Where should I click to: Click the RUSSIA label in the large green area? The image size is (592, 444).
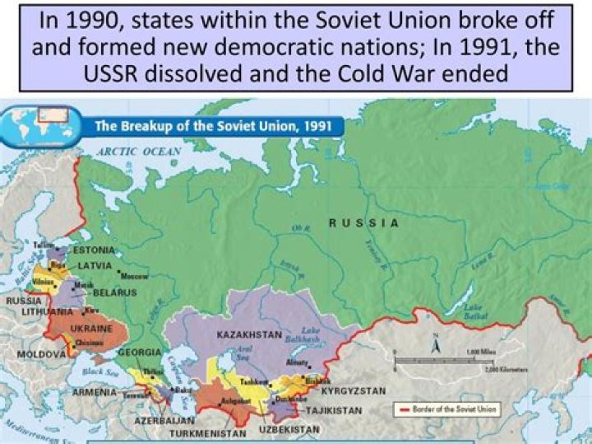363,223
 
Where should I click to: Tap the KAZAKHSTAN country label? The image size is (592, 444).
250,335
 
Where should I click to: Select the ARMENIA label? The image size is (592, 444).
95,392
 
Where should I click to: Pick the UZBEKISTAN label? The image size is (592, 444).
289,430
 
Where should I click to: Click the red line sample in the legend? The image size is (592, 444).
405,408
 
